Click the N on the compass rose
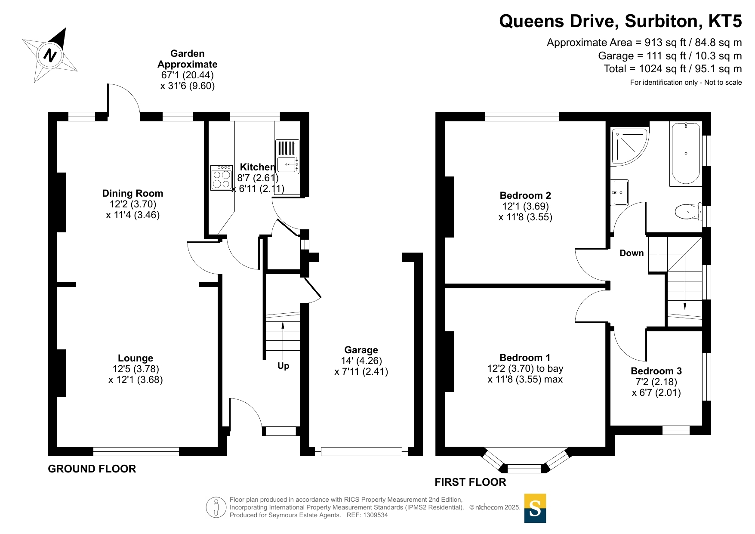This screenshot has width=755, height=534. pyautogui.click(x=51, y=56)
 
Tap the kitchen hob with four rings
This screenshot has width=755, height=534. pyautogui.click(x=222, y=178)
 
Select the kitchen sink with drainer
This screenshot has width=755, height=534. pyautogui.click(x=287, y=157)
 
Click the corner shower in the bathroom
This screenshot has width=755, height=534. pyautogui.click(x=629, y=147)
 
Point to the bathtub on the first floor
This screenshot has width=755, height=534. pyautogui.click(x=686, y=154)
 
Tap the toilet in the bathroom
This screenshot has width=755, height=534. pyautogui.click(x=688, y=212)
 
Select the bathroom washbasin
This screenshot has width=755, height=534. pyautogui.click(x=620, y=192)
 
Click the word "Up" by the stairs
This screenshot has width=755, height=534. pyautogui.click(x=283, y=366)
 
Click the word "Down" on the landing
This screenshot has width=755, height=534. pyautogui.click(x=632, y=253)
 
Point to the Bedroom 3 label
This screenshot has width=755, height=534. pyautogui.click(x=656, y=371)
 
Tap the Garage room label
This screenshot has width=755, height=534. pyautogui.click(x=361, y=350)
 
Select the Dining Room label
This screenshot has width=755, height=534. pyautogui.click(x=133, y=193)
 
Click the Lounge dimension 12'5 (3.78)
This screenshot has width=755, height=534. pyautogui.click(x=136, y=369)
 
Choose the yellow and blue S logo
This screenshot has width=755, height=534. pyautogui.click(x=535, y=508)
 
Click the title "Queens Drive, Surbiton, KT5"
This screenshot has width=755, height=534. pyautogui.click(x=620, y=21)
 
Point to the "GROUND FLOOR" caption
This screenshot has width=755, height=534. pyautogui.click(x=92, y=469)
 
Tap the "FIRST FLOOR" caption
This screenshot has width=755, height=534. pyautogui.click(x=470, y=482)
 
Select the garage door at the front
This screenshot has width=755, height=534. pyautogui.click(x=361, y=451)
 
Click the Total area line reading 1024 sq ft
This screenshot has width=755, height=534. pyautogui.click(x=672, y=69)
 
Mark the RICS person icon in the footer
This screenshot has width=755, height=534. pyautogui.click(x=216, y=507)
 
